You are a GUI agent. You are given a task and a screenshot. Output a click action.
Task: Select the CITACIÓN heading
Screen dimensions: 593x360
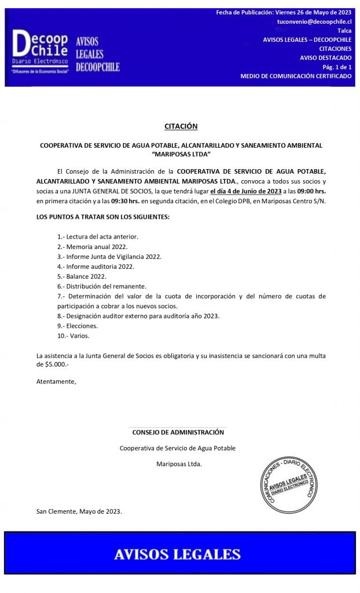[181, 126]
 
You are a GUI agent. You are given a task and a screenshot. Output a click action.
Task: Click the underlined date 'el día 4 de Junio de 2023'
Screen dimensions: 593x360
[245, 192]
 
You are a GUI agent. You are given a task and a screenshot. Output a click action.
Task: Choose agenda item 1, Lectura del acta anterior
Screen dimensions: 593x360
[98, 237]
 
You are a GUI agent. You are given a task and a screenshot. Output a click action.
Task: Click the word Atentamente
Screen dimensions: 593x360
[56, 382]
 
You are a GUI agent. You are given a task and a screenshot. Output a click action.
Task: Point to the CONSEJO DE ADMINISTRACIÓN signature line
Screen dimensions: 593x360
[178, 432]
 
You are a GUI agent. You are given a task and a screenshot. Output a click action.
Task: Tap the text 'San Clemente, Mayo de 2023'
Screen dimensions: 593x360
[79, 511]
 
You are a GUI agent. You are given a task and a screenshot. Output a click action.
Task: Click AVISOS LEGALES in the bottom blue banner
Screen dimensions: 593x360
[177, 554]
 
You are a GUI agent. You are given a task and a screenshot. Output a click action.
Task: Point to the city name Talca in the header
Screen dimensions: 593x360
[344, 31]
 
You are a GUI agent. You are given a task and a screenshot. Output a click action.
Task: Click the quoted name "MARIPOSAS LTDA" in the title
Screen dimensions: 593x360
[181, 155]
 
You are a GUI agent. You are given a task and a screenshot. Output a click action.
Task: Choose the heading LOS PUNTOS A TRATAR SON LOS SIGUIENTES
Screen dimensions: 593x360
[103, 217]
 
